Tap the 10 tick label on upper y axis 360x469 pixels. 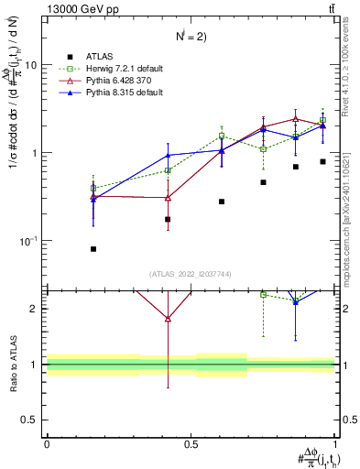[x=31, y=66]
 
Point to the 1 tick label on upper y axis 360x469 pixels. [x=35, y=153]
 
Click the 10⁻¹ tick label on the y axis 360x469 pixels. [x=29, y=241]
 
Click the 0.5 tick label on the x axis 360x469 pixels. [x=191, y=444]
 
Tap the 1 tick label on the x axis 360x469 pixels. [x=335, y=444]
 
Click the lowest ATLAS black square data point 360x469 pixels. [x=94, y=249]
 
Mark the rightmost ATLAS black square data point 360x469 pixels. [x=322, y=161]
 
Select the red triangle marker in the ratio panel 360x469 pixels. [x=168, y=319]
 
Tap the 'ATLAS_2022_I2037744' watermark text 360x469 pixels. [x=190, y=274]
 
